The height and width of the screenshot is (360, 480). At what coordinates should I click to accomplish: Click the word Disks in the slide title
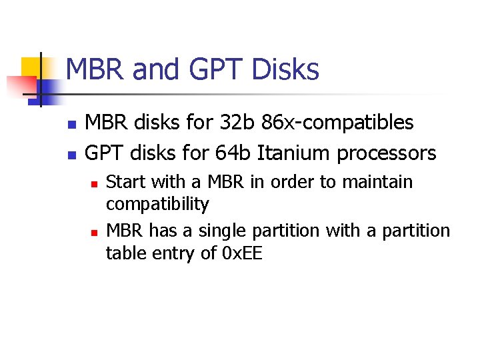click(x=285, y=69)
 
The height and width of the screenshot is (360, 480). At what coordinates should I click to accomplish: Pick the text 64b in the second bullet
click(x=234, y=153)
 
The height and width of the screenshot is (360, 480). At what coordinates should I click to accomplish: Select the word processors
click(x=387, y=154)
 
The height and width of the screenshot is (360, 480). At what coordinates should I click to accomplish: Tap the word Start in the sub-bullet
click(x=125, y=181)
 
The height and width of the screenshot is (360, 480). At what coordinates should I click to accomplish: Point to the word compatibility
click(x=157, y=203)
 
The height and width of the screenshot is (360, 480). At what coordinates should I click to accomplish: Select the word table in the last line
click(x=127, y=253)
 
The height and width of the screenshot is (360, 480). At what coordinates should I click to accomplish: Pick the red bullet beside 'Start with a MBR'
click(x=94, y=183)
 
